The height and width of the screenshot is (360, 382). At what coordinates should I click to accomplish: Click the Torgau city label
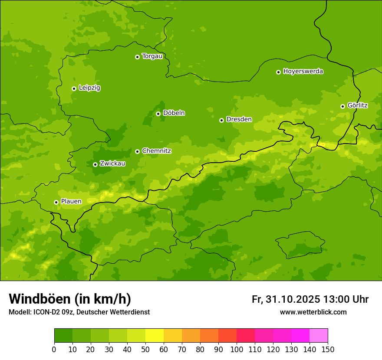(x=152, y=56)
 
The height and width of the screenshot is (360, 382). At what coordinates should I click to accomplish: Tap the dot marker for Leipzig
(x=74, y=88)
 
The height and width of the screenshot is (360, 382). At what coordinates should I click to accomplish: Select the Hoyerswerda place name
(x=303, y=71)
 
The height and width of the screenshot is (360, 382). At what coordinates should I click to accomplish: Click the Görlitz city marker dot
(x=342, y=106)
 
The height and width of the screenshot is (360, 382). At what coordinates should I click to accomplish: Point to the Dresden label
(x=239, y=119)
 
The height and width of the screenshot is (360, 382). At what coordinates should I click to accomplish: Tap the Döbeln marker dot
(x=158, y=114)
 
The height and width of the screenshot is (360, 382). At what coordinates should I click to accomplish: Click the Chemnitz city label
(x=156, y=151)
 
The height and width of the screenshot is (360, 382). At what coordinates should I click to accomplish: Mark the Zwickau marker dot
(x=95, y=164)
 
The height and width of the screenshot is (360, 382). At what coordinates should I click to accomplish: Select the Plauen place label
(x=71, y=201)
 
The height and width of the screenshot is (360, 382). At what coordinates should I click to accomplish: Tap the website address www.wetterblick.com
(x=313, y=312)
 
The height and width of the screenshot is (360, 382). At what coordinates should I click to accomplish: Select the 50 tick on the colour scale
(x=145, y=349)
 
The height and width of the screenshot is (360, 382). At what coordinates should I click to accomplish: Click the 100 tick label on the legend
(x=237, y=349)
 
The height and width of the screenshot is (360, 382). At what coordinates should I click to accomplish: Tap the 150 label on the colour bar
(x=328, y=349)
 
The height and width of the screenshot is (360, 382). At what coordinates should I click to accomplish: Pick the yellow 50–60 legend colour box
(x=155, y=335)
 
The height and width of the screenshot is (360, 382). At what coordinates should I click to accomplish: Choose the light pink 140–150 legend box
(x=319, y=335)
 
